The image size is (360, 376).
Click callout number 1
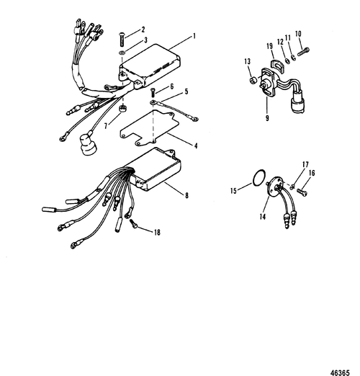click(194, 36)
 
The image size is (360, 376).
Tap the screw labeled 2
click(122, 40)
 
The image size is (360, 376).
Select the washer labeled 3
click(122, 53)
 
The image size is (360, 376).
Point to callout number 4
click(196, 146)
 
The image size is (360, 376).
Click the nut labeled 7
click(122, 108)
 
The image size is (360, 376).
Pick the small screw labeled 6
click(153, 93)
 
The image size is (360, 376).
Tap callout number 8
click(186, 196)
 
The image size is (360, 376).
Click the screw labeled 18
click(134, 224)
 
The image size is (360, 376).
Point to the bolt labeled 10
click(303, 52)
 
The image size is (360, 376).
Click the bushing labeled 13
click(252, 81)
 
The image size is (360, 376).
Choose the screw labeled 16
click(302, 192)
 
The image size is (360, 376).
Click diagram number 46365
click(341, 372)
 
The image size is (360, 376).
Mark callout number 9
click(267, 118)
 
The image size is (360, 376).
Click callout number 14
click(263, 217)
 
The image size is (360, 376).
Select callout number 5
click(186, 91)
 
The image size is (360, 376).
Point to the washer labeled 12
click(287, 61)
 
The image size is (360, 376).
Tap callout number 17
click(305, 164)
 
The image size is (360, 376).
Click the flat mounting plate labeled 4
click(150, 127)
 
